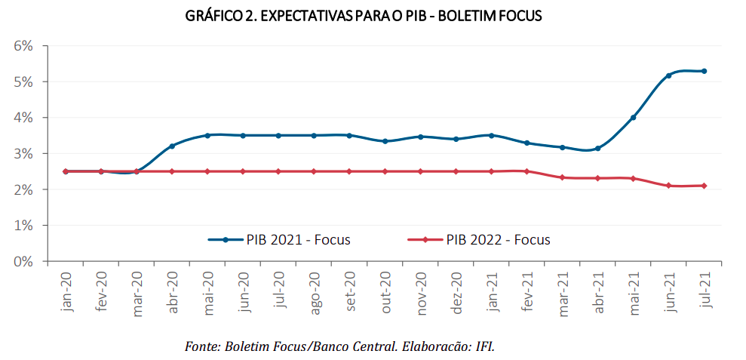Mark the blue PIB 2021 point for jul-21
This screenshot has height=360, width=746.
click(704, 71)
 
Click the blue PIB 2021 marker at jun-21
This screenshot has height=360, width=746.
click(668, 75)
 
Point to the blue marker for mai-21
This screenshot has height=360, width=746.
click(633, 117)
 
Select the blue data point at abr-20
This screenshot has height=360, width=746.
click(172, 146)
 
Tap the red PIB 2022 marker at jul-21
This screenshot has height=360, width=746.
click(704, 186)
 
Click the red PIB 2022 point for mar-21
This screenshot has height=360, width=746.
click(562, 177)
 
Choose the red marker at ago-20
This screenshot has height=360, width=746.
click(314, 171)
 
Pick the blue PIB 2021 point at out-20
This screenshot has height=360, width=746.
click(385, 141)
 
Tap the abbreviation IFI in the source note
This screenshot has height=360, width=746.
click(484, 346)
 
